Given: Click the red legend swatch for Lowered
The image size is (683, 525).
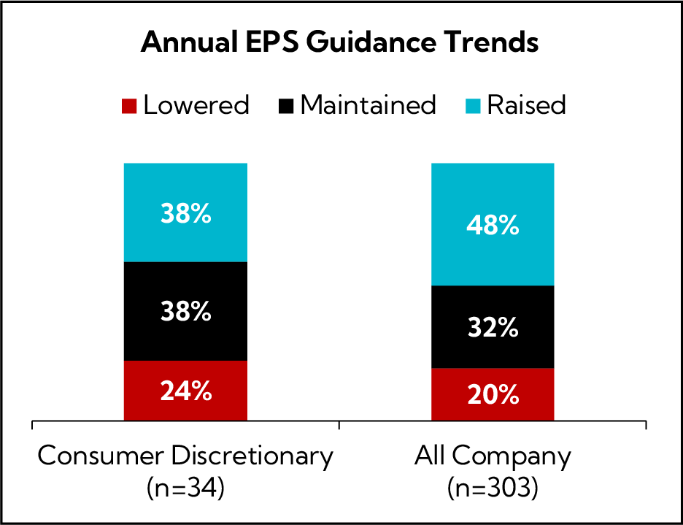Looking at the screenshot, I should click(x=129, y=106).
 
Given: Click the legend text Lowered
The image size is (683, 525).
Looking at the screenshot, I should click(x=196, y=105).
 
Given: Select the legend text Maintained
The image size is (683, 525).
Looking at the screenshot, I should click(x=368, y=105).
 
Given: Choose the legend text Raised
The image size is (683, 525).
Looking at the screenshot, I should click(x=526, y=105).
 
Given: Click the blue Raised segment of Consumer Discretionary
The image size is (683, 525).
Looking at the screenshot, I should click(x=185, y=212).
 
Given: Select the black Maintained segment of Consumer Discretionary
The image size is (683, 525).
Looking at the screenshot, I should click(x=185, y=311).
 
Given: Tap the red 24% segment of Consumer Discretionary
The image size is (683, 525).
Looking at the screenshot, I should click(x=185, y=391).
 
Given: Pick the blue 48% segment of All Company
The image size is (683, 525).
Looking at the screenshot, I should click(x=493, y=224).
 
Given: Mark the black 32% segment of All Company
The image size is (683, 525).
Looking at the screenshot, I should click(x=493, y=326).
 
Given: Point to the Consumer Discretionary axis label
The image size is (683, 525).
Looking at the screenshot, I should click(x=185, y=456).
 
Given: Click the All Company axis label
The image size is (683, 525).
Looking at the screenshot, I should click(x=493, y=456).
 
